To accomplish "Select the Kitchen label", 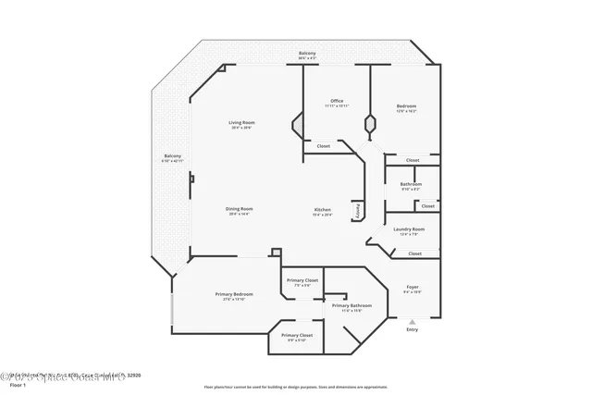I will [x=322, y=211].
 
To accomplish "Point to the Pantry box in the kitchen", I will [x=355, y=212].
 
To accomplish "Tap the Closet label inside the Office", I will [x=324, y=146].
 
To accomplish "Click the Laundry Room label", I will [x=409, y=230].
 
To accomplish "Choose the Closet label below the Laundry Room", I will [x=414, y=253].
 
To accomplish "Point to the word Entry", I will [x=413, y=330].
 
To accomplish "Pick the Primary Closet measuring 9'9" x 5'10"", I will [x=297, y=337].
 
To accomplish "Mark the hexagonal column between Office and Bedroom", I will [x=370, y=122].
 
